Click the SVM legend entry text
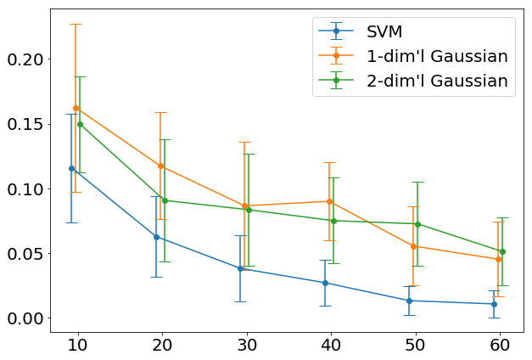click(389, 32)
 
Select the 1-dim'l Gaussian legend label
click(437, 57)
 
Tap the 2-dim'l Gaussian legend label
click(437, 82)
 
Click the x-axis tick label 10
click(76, 346)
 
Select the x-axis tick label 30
click(244, 346)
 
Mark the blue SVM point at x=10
click(72, 168)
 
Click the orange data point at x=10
click(76, 108)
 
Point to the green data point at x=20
click(165, 200)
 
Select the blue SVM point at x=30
click(241, 268)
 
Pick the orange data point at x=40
click(329, 201)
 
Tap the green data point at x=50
click(417, 224)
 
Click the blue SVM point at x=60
click(494, 303)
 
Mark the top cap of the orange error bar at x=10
click(76, 24)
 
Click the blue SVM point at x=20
click(156, 237)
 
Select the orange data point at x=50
click(413, 246)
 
